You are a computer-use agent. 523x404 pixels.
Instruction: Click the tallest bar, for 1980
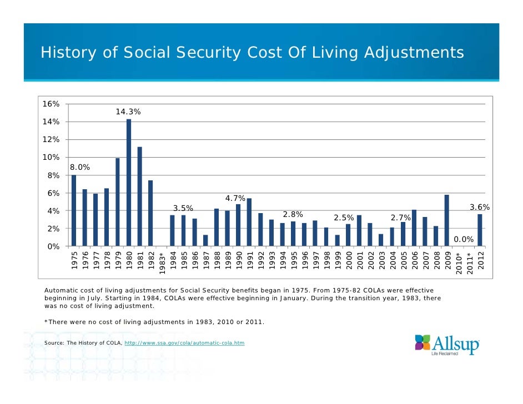click(x=129, y=183)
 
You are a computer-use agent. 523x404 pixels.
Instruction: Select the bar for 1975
click(x=74, y=211)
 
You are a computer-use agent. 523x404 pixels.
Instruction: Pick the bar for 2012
click(x=480, y=230)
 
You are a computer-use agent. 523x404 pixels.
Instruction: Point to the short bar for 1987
click(x=205, y=240)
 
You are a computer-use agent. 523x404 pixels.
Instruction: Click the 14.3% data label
click(x=128, y=112)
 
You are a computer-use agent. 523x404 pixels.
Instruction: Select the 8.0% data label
click(x=80, y=167)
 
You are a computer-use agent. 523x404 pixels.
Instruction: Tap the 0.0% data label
click(x=464, y=239)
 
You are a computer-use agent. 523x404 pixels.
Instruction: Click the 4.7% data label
click(x=235, y=198)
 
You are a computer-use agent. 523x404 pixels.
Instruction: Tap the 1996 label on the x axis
click(x=305, y=260)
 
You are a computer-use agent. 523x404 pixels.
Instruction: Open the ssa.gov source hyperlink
click(x=184, y=343)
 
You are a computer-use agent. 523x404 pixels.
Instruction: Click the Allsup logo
click(x=446, y=345)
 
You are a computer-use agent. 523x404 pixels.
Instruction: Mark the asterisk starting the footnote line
click(x=46, y=321)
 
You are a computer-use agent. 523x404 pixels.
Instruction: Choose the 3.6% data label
click(x=480, y=207)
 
